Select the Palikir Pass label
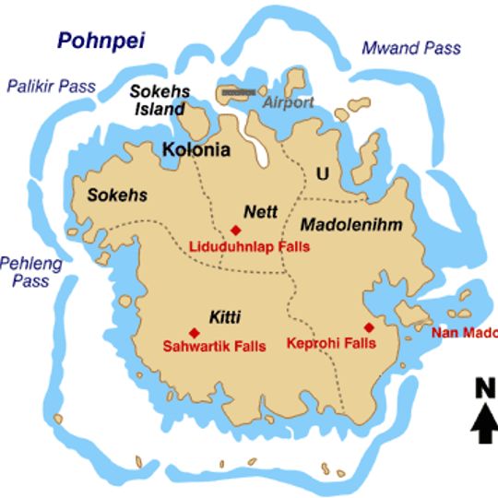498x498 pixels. (51, 87)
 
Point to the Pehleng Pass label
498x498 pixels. (30, 271)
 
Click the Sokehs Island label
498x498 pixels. (159, 99)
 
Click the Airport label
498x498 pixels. (289, 102)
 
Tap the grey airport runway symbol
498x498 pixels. (237, 92)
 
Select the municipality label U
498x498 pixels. (322, 173)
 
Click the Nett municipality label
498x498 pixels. (261, 211)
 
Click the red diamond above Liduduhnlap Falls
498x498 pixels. (235, 230)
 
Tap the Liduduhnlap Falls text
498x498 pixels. (249, 246)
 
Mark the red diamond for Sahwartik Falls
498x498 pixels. (194, 332)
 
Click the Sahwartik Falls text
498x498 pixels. (214, 347)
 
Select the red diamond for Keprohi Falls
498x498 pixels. (369, 326)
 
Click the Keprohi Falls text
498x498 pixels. (333, 342)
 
